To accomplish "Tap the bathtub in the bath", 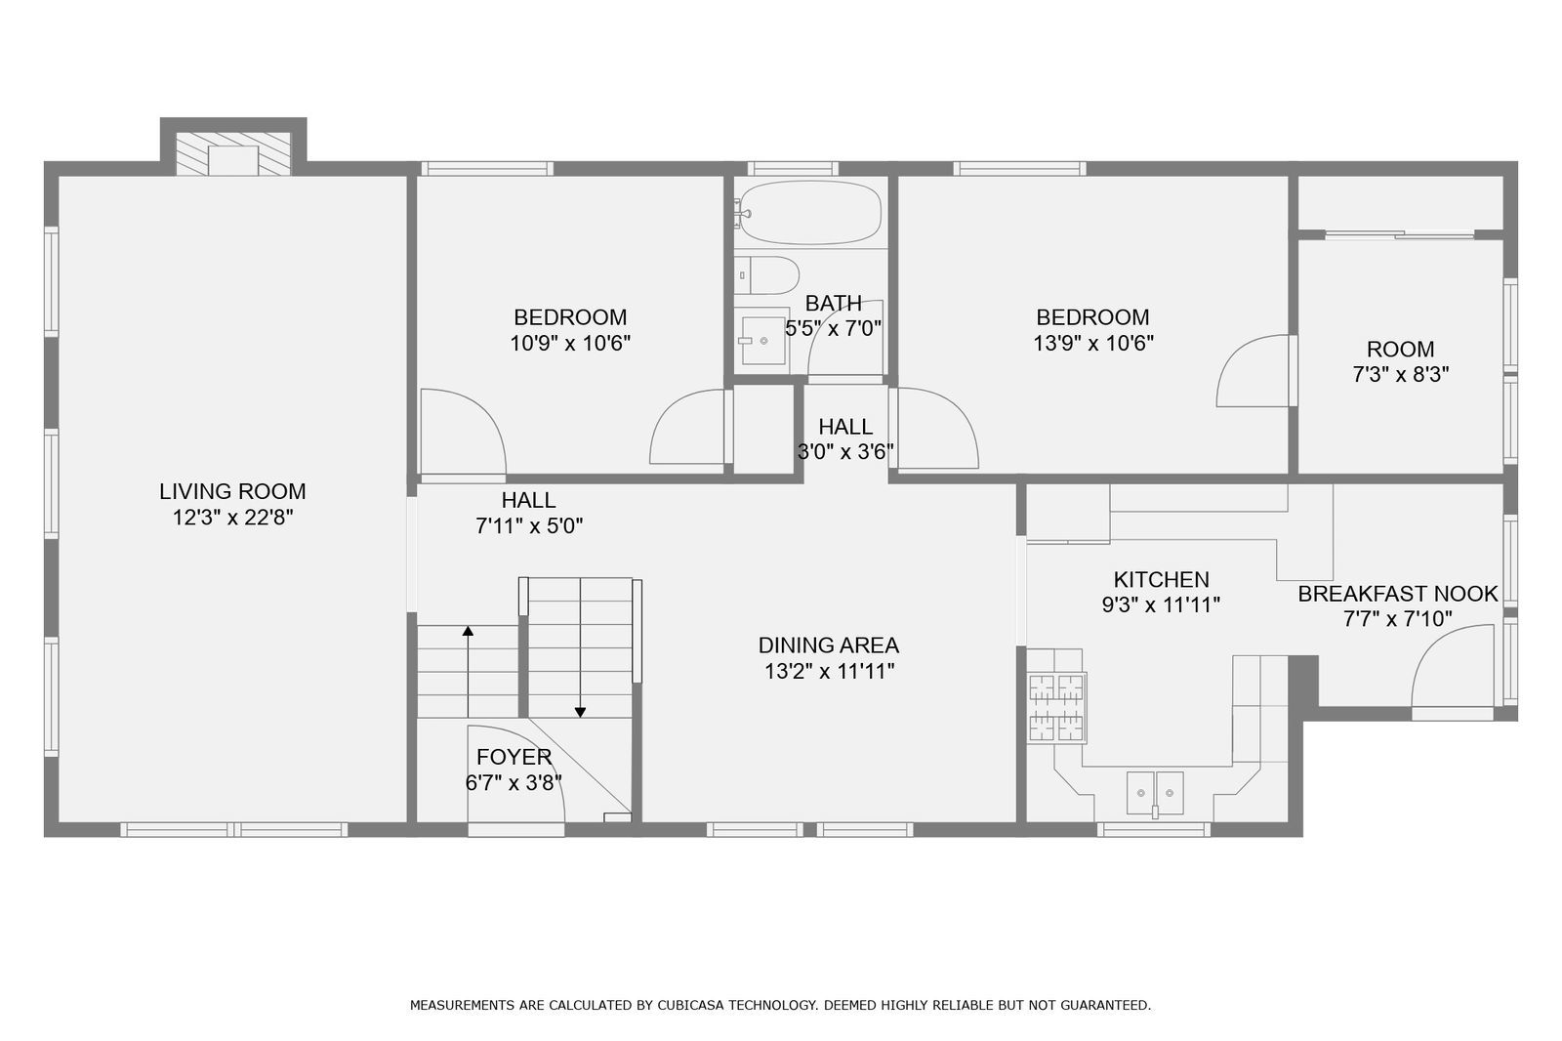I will [x=809, y=212].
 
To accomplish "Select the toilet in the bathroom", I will [x=767, y=275].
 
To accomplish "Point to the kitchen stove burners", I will [x=1055, y=708].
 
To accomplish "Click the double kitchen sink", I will [x=1155, y=791].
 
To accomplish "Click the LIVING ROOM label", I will [x=232, y=491].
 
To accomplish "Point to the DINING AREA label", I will [x=828, y=645].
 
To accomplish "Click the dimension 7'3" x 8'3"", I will [x=1400, y=375].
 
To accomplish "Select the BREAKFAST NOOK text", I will [x=1397, y=594].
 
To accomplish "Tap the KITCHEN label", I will [x=1161, y=579].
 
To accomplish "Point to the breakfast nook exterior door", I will [x=1453, y=674].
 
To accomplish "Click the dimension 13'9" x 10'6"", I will [x=1092, y=344].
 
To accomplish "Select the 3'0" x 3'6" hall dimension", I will [x=845, y=452].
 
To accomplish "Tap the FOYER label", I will [x=514, y=757].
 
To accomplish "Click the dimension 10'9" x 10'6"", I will [x=570, y=344].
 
